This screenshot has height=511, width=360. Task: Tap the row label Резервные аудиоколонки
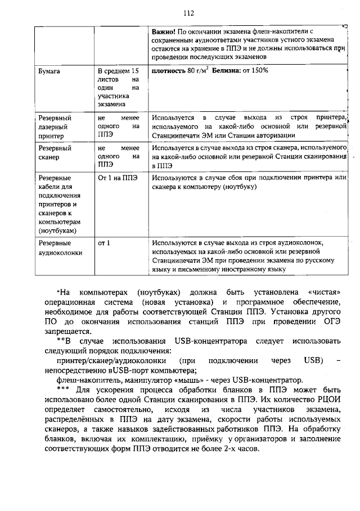(x=60, y=248)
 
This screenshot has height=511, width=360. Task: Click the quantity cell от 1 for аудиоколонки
(x=103, y=243)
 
